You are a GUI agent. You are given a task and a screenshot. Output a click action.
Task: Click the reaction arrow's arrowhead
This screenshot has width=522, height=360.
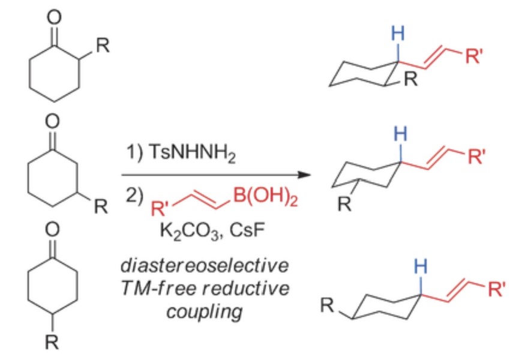308,175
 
